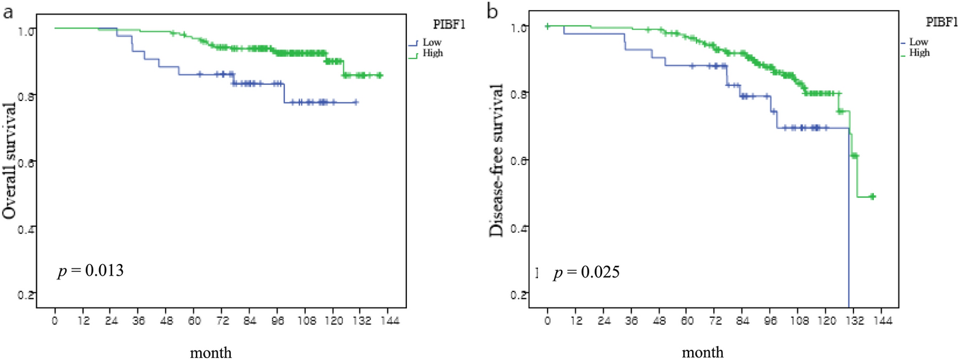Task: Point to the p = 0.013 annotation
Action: click(x=91, y=271)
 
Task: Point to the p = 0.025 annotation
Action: click(x=585, y=274)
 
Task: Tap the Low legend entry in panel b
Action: click(x=920, y=42)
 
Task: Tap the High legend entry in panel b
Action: click(x=921, y=52)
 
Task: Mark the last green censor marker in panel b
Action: click(x=872, y=196)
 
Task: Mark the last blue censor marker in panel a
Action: click(x=356, y=102)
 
